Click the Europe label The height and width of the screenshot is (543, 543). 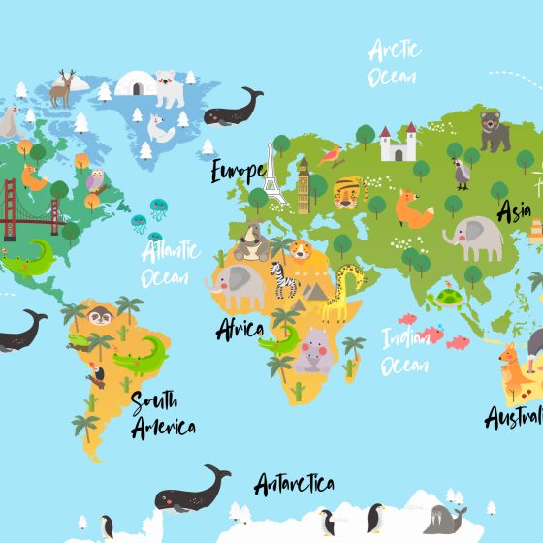coord(239,173)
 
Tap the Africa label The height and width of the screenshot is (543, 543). coord(239,329)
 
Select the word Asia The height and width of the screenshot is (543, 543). coord(515,209)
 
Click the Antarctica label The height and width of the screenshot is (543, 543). coord(295,483)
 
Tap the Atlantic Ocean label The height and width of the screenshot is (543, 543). coord(171,265)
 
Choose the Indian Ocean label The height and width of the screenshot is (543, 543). coord(405,351)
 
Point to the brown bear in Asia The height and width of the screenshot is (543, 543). coord(494,132)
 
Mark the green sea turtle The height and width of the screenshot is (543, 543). coord(448,299)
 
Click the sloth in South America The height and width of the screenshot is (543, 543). coord(101,314)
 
